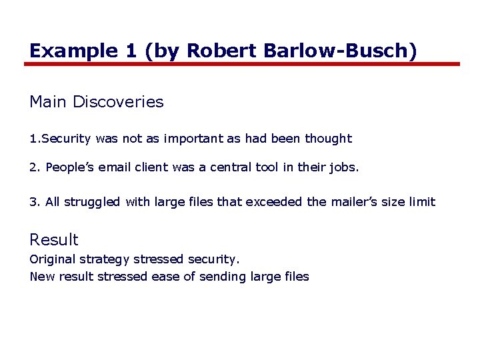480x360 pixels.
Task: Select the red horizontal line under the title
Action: [242, 64]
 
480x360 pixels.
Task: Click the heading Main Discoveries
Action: [97, 102]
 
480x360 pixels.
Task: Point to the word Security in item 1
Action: [66, 139]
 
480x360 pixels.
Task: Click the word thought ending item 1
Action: [328, 139]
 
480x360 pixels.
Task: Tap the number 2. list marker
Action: [35, 167]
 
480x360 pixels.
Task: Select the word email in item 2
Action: [115, 167]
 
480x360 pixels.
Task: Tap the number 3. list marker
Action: [35, 202]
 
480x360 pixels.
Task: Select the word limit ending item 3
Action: [422, 202]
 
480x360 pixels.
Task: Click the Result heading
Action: [54, 240]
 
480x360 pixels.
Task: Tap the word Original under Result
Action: [53, 259]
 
